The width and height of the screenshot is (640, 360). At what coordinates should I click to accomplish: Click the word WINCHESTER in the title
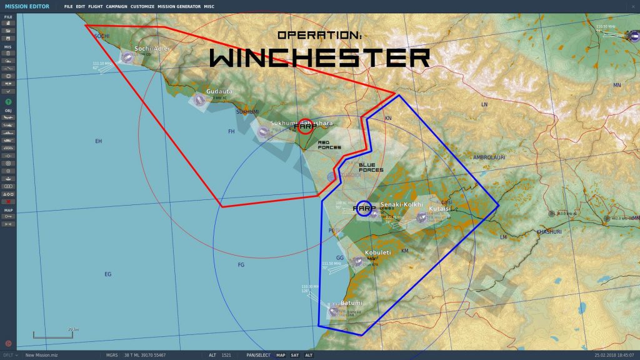point(319,57)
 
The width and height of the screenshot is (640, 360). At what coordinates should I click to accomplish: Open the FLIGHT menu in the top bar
point(96,6)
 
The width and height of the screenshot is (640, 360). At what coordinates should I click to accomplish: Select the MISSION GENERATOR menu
point(179,6)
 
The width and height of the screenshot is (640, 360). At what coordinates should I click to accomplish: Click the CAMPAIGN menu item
point(117,6)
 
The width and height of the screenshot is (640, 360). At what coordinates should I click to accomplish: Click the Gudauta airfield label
point(219,91)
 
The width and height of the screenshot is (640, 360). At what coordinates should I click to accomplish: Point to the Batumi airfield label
point(351,303)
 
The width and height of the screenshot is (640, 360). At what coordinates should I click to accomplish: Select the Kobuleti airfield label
point(377,252)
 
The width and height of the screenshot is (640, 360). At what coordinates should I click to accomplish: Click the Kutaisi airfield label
point(440,209)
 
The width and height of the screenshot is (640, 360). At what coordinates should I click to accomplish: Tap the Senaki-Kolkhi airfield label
point(401,204)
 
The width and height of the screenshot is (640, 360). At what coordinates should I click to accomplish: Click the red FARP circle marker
point(306,127)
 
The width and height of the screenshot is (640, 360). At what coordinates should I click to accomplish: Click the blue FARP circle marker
point(364,208)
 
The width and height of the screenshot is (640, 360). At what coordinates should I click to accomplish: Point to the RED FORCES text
point(329,145)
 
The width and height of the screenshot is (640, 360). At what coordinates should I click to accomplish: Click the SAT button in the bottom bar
point(294,355)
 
